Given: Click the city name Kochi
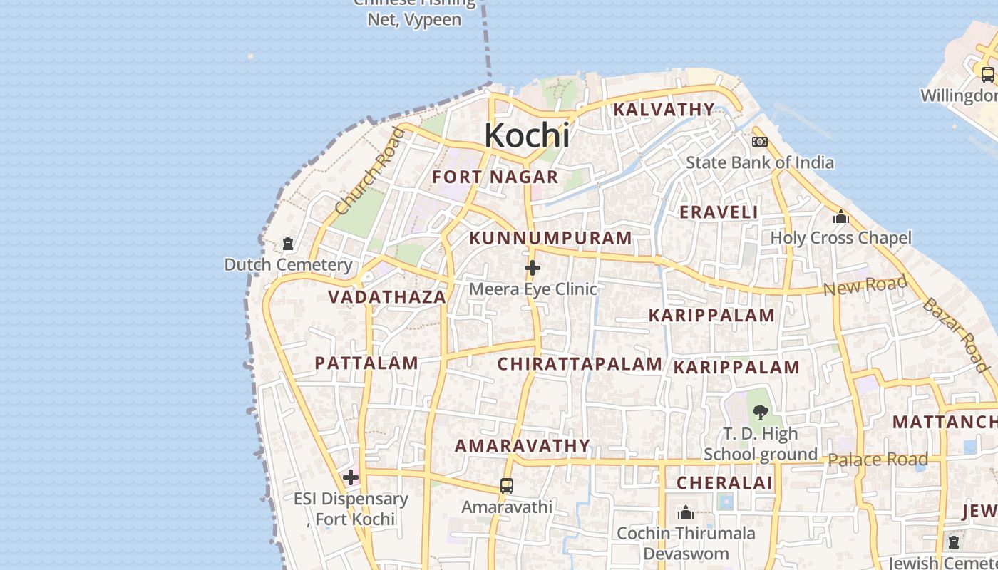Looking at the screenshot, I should click(x=527, y=135).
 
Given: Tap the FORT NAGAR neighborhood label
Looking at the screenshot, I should click(x=495, y=177).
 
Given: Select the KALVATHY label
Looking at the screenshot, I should click(x=664, y=109).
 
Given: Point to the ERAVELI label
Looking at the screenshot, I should click(x=719, y=212).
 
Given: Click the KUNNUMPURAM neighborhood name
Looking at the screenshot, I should click(x=551, y=238).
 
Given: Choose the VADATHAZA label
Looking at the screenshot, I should click(x=387, y=296).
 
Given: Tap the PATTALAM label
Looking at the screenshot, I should click(x=366, y=363).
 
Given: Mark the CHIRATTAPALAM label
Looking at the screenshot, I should click(x=580, y=364).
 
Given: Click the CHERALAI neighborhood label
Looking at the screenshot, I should click(x=724, y=482).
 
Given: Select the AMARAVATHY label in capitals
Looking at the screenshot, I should click(x=523, y=446).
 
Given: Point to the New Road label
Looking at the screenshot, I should click(x=865, y=286).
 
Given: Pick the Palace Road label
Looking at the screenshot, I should click(x=878, y=460).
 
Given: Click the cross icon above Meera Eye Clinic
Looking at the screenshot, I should click(x=533, y=269).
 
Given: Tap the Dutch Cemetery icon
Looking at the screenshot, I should click(x=288, y=244).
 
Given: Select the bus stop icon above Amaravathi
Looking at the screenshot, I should click(x=507, y=486).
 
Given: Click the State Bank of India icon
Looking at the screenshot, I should click(x=760, y=142).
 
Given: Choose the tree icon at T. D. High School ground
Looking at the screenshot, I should click(x=760, y=412).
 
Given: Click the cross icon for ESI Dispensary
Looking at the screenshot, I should click(x=350, y=477).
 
